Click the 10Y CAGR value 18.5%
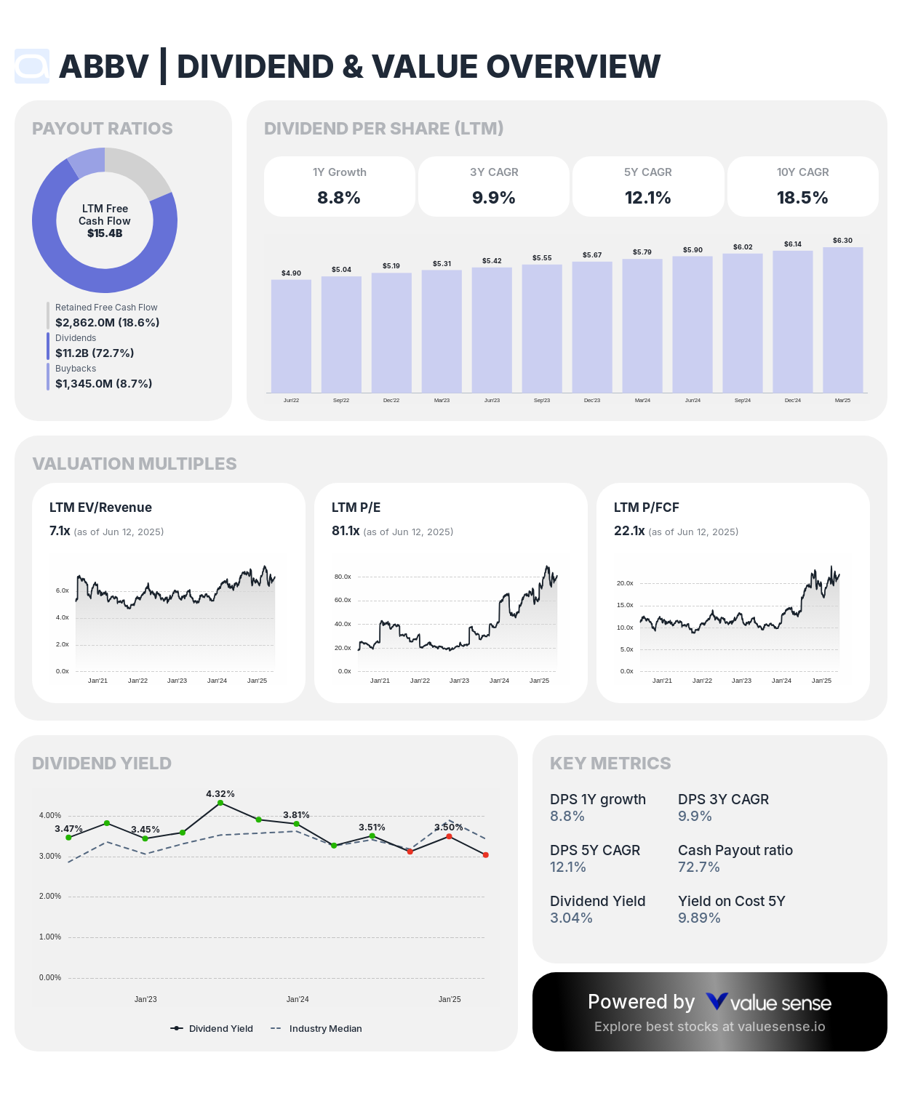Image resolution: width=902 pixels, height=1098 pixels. point(802,198)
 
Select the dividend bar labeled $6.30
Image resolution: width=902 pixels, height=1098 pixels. point(842,320)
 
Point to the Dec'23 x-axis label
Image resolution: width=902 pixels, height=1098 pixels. point(592,401)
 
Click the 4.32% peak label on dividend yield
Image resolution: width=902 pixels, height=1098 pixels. point(220,794)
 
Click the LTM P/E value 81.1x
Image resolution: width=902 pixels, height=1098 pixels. point(346,531)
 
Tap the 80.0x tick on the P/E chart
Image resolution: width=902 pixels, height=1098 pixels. point(343,577)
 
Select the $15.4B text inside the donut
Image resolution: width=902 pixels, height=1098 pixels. point(105,233)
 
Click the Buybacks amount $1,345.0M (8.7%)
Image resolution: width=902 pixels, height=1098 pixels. point(104,384)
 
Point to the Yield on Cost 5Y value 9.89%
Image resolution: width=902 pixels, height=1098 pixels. point(699,918)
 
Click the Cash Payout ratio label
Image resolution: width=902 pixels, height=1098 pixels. point(735,850)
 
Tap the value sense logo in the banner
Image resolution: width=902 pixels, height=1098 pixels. point(768,1003)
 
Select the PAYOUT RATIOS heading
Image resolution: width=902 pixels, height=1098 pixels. point(103,129)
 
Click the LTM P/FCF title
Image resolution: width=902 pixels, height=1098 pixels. point(646,508)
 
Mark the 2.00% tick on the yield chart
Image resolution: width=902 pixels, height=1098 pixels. point(50,897)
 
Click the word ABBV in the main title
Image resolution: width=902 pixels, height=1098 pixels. point(103,67)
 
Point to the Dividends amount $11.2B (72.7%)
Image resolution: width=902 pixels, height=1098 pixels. point(95,353)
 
